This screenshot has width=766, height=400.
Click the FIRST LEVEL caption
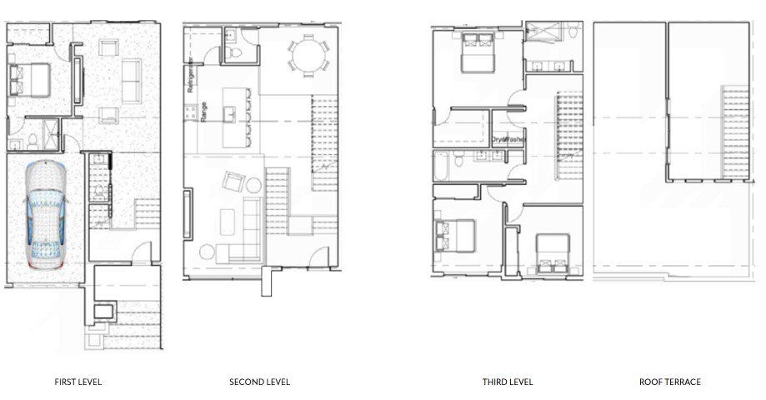coord(78,382)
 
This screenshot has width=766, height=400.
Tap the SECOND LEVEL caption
coord(260,382)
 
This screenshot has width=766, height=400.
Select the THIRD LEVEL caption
coord(507,382)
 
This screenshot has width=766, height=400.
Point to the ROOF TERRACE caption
coord(670,382)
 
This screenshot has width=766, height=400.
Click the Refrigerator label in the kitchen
coord(191,75)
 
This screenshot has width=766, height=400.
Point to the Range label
coord(203,112)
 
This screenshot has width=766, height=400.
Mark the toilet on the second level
coord(236,52)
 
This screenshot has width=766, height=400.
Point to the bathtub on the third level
coord(442,167)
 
